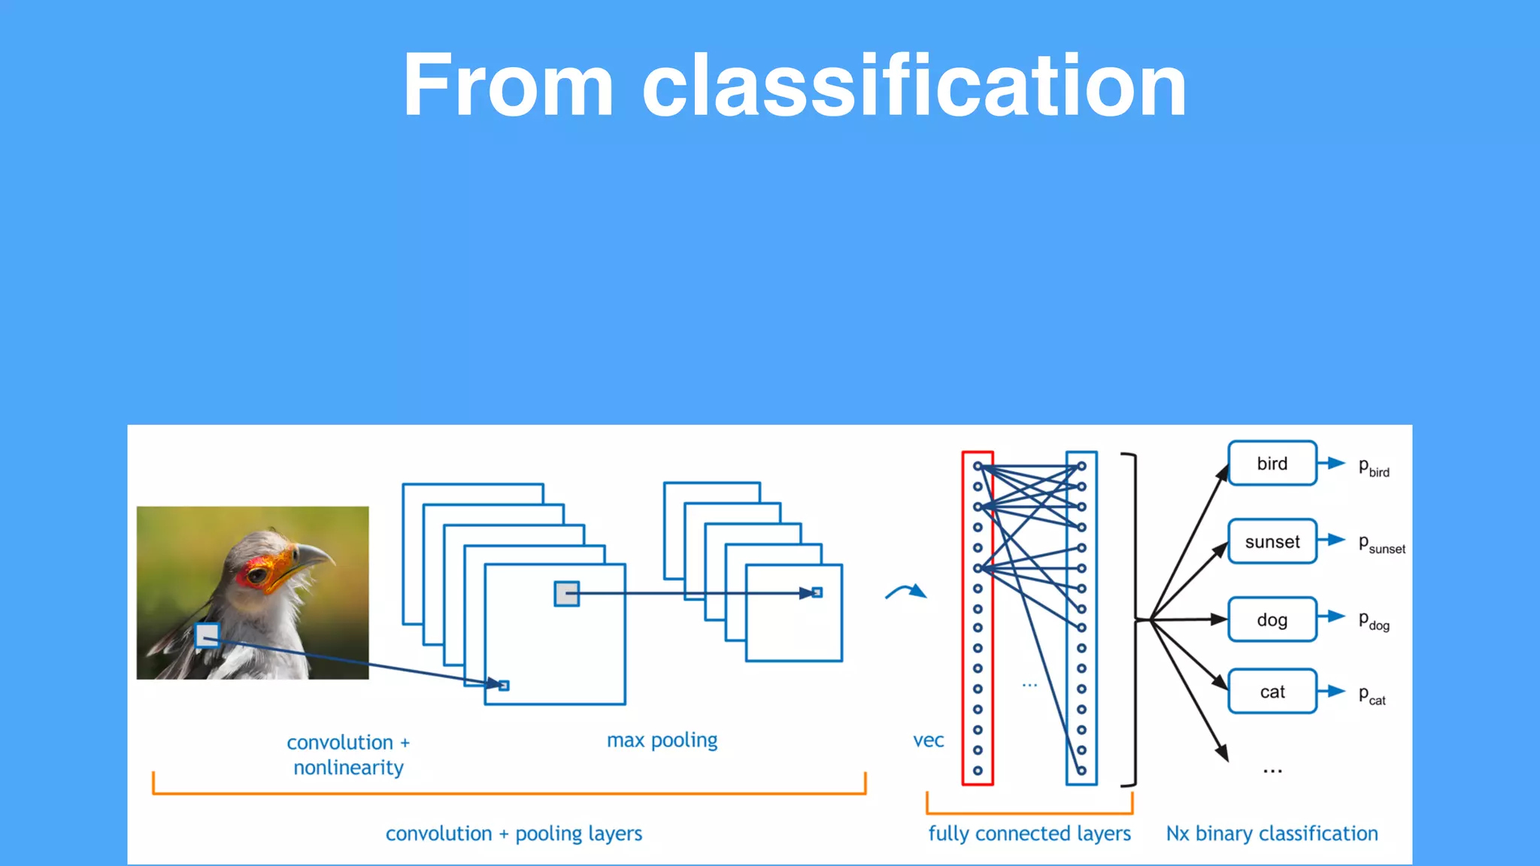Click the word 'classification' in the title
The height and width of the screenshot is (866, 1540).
click(914, 86)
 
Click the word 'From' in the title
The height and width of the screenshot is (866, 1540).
click(508, 86)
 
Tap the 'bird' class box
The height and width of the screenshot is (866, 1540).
click(1272, 464)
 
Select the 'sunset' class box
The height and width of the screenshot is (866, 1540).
click(1272, 541)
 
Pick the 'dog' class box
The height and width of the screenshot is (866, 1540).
click(1272, 620)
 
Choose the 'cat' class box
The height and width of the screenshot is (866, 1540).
click(1272, 692)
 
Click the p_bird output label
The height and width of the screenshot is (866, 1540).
click(1373, 467)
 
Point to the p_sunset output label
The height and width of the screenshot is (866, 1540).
click(1381, 544)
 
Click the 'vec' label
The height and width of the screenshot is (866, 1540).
click(928, 740)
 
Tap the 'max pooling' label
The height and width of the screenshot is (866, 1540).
click(662, 740)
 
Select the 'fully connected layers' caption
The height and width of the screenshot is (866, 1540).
click(1029, 834)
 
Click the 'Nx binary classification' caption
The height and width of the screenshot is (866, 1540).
click(1272, 834)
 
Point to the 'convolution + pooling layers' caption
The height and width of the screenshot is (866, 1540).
click(514, 834)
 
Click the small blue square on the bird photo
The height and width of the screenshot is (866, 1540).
click(207, 636)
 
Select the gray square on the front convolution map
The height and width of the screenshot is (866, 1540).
click(566, 594)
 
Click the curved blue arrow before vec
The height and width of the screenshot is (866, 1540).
click(906, 592)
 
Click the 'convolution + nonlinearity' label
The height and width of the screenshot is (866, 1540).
click(348, 755)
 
